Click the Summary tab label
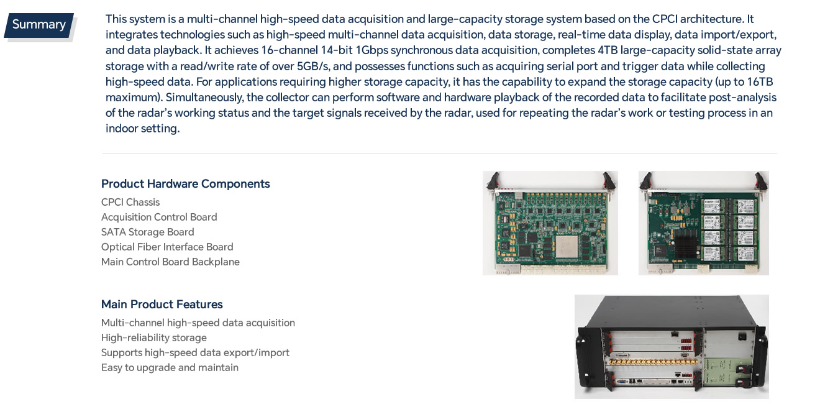pos(39,25)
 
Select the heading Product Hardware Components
pos(185,184)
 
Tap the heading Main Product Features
pos(162,305)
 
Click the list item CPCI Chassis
pos(130,202)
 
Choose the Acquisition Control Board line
pos(159,217)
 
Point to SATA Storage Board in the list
pos(148,232)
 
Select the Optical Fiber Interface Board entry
pos(167,247)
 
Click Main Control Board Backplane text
pos(170,262)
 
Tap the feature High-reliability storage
pos(154,337)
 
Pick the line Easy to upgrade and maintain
pos(170,367)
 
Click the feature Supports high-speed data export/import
pos(195,352)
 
